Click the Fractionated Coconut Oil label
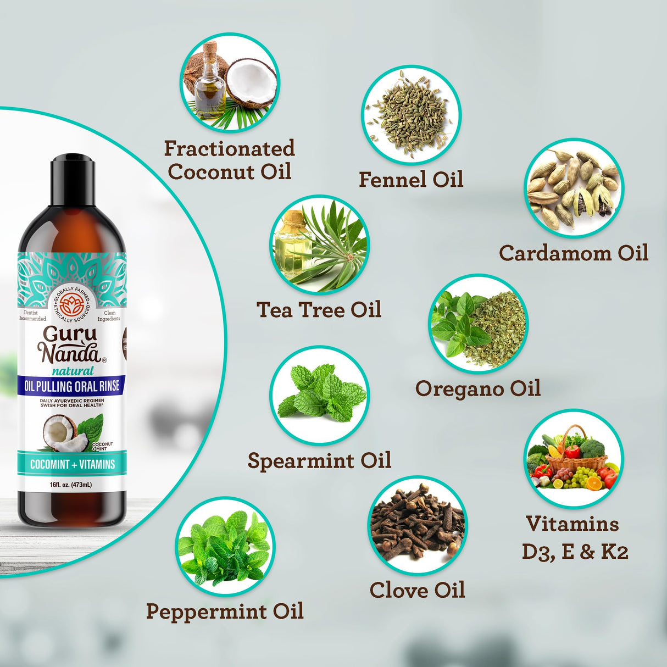pyautogui.click(x=230, y=160)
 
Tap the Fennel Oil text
pyautogui.click(x=411, y=180)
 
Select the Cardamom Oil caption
pyautogui.click(x=574, y=253)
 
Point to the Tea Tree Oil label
pyautogui.click(x=319, y=310)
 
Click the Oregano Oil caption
pyautogui.click(x=478, y=388)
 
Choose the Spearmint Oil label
pyautogui.click(x=319, y=460)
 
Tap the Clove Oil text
pyautogui.click(x=417, y=590)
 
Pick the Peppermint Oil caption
pyautogui.click(x=225, y=611)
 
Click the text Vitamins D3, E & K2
pyautogui.click(x=574, y=537)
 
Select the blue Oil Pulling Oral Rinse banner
pyautogui.click(x=72, y=386)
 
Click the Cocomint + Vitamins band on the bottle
pyautogui.click(x=72, y=464)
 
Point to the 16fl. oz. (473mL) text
pyautogui.click(x=71, y=485)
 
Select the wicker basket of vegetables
pyautogui.click(x=575, y=455)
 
